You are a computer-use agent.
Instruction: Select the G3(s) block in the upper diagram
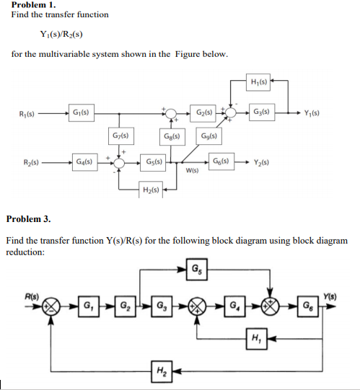[x=261, y=112]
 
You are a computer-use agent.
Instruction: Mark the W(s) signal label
[x=192, y=172]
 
